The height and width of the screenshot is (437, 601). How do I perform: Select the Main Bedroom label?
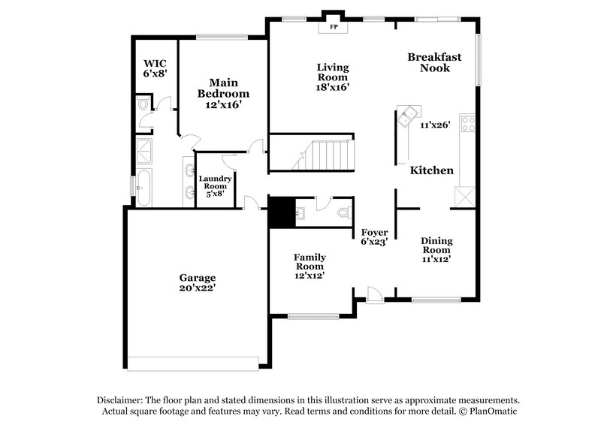click(x=223, y=88)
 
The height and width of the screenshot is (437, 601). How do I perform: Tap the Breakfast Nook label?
click(x=434, y=62)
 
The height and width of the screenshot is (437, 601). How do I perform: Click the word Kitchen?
click(x=432, y=170)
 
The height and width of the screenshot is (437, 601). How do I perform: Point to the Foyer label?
click(x=374, y=232)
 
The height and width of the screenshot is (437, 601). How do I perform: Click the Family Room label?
click(x=309, y=266)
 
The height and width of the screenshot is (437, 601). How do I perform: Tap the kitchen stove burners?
click(x=468, y=123)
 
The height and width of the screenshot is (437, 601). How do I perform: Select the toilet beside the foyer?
click(x=343, y=212)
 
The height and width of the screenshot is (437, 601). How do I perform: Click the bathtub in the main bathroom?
click(x=143, y=187)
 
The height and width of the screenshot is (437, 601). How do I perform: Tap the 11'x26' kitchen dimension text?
click(x=435, y=125)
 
